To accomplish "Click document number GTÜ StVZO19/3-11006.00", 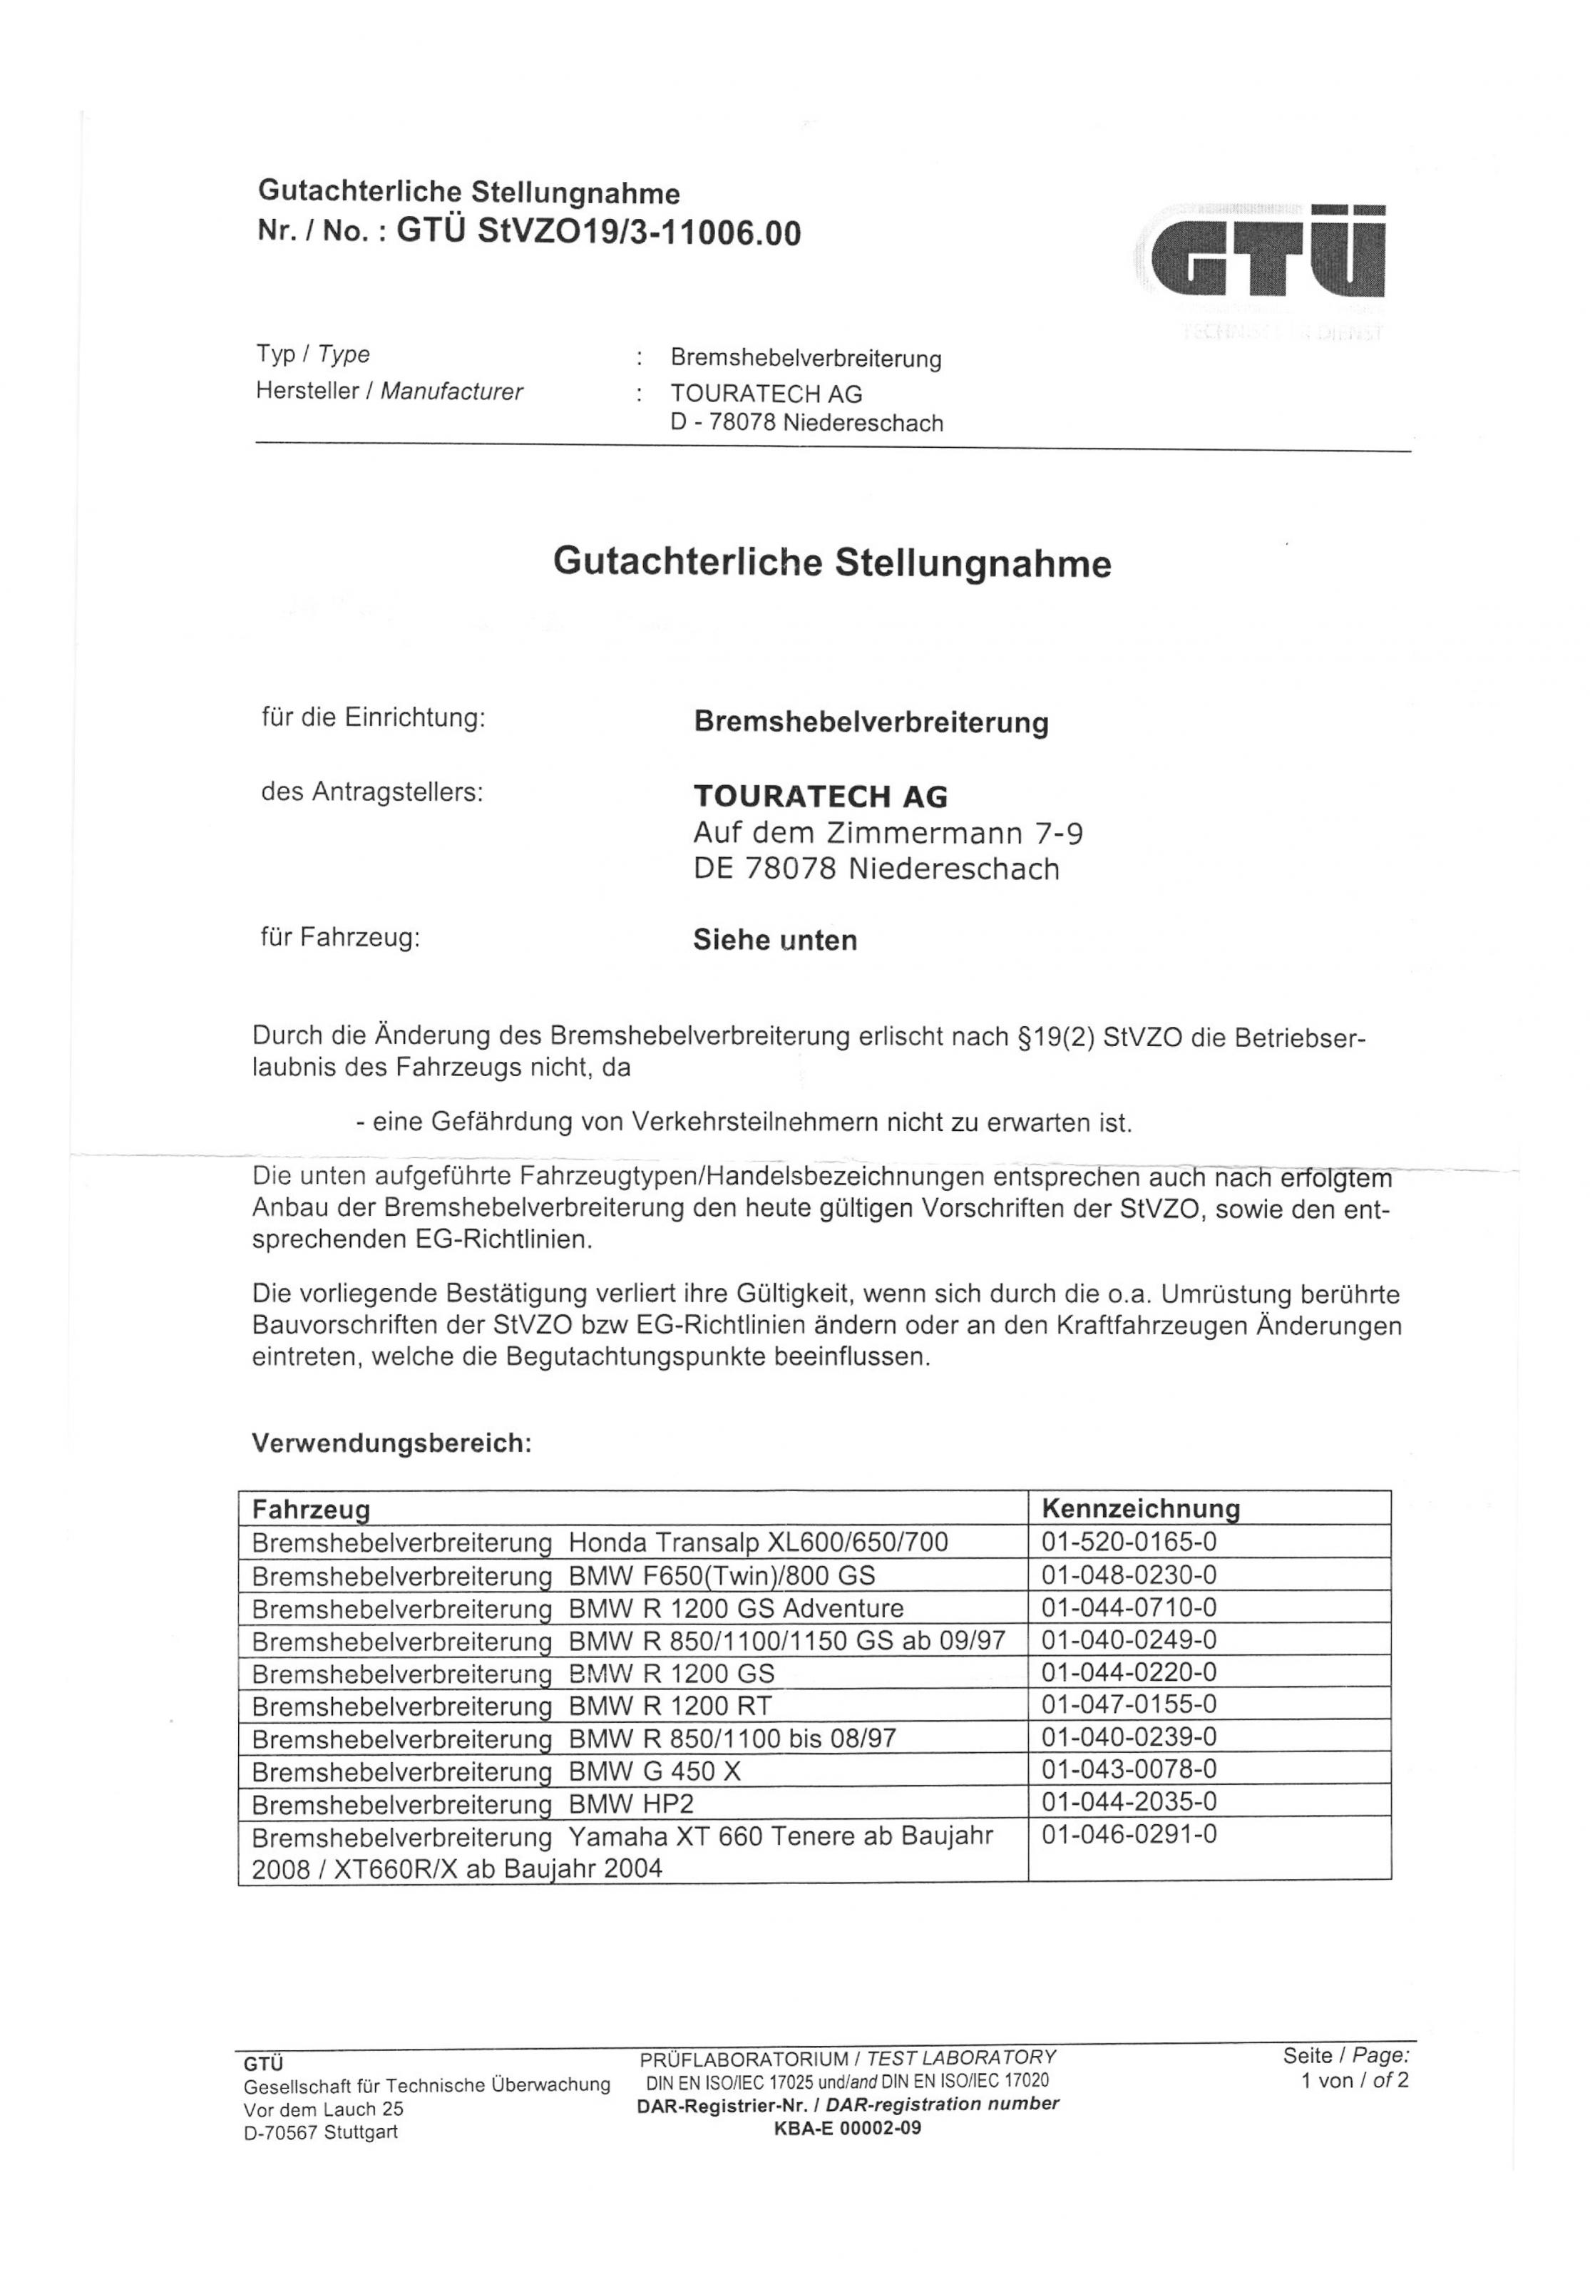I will (598, 232).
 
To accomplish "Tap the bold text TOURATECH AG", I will (820, 796).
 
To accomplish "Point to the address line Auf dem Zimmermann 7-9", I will (888, 832).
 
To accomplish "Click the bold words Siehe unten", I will (774, 940).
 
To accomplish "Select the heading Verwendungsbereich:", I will (391, 1443).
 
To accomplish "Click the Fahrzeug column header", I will (311, 1510).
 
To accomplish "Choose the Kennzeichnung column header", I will (1140, 1509).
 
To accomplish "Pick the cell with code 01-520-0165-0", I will (1129, 1542).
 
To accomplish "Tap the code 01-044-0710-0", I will (1129, 1607).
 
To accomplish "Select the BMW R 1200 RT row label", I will (512, 1706).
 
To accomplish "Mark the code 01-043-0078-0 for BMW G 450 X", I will (1129, 1769).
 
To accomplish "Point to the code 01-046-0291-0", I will (1129, 1835).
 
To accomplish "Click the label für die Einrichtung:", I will (373, 717).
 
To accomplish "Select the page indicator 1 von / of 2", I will (1355, 2080).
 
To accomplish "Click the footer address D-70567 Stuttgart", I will (320, 2132).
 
